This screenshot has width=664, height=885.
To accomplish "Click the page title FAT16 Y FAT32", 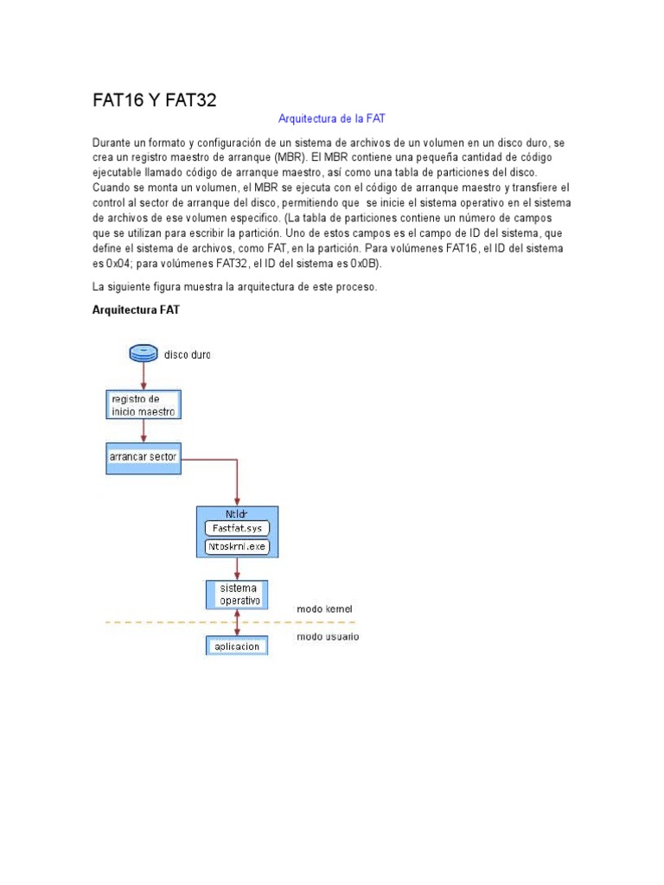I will click(x=154, y=100).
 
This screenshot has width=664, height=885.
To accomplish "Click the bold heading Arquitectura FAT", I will click(x=136, y=309).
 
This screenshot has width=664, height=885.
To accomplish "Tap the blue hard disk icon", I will click(x=144, y=353).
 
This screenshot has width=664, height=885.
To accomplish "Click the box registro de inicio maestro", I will click(x=144, y=405).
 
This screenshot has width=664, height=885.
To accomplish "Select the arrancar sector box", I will click(x=144, y=456).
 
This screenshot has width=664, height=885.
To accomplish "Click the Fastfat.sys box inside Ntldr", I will click(x=237, y=529).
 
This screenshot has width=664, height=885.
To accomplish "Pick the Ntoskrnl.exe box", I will click(x=237, y=546).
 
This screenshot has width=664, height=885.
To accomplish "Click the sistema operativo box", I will click(x=237, y=594).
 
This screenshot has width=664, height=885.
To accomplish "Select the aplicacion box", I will click(x=237, y=646).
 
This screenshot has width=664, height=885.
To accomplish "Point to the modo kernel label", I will click(x=324, y=608).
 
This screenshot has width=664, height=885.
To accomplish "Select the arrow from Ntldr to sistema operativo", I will click(x=237, y=568).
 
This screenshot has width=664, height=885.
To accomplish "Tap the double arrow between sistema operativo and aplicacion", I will click(x=237, y=622).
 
